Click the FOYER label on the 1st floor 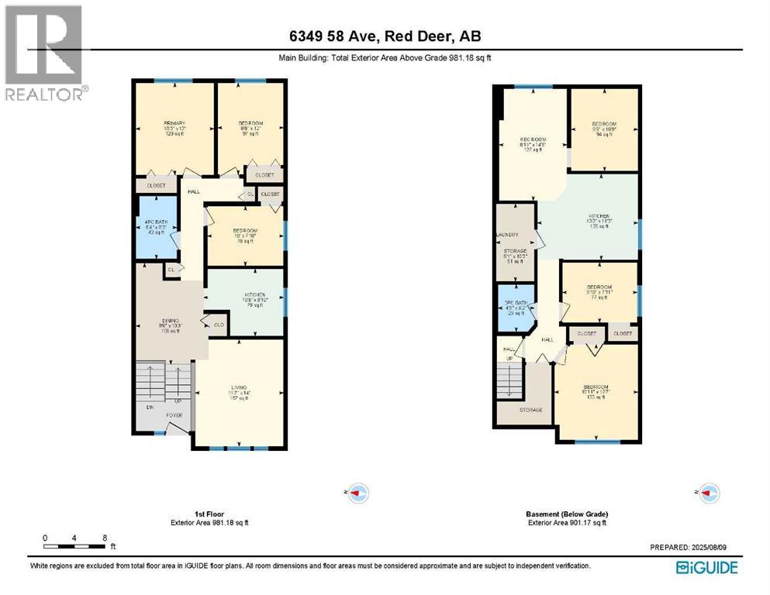[174, 415]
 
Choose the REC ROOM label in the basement [533, 139]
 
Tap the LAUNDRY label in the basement [507, 235]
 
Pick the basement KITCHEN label [598, 215]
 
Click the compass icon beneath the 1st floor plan [357, 492]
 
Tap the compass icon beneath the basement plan [708, 492]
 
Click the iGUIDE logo [706, 567]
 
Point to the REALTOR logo [43, 53]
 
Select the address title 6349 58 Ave [385, 36]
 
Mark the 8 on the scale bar [104, 537]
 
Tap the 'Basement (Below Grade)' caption [566, 514]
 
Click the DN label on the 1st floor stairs [148, 407]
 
